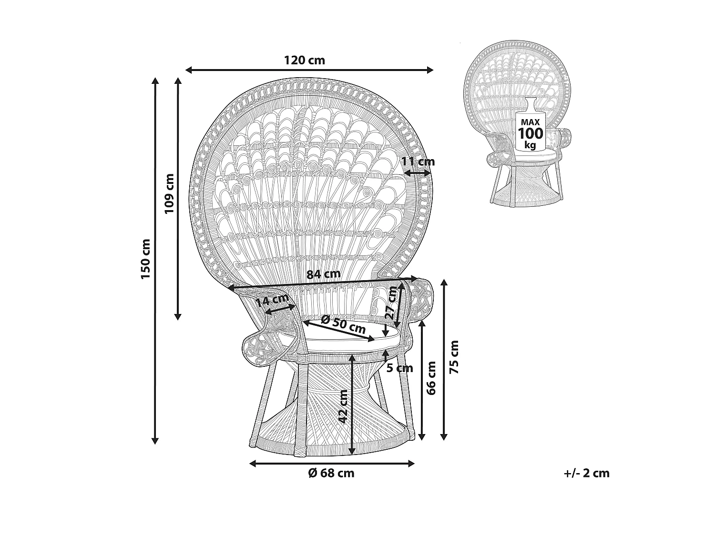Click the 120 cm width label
click(304, 61)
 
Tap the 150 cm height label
click(145, 259)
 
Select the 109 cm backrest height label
click(169, 193)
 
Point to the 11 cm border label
click(418, 162)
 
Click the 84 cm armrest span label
click(324, 274)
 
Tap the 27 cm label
click(392, 303)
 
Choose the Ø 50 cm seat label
click(343, 324)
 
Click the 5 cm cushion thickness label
click(399, 368)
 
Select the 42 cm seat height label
click(343, 407)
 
